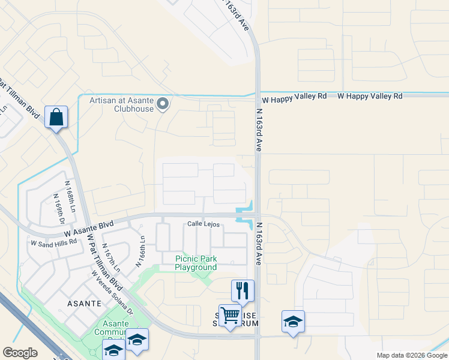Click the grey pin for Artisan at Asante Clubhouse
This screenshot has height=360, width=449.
[x=162, y=105]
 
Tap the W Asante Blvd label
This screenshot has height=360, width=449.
[x=89, y=227]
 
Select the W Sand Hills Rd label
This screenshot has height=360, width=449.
[x=53, y=242]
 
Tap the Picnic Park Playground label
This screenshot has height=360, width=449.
[x=196, y=263]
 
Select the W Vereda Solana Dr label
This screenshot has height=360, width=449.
[x=112, y=292]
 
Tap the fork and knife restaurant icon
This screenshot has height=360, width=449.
[x=243, y=290]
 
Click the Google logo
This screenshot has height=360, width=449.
[x=20, y=353]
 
